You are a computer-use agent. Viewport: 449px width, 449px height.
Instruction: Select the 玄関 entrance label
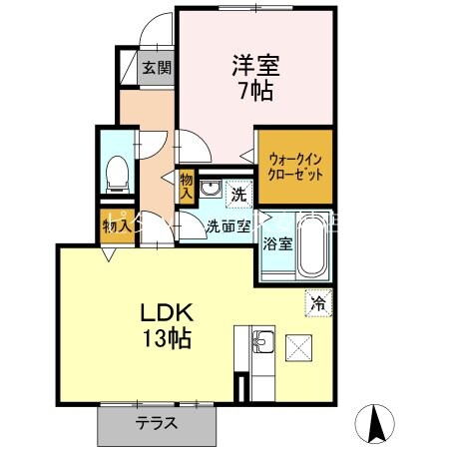(156, 69)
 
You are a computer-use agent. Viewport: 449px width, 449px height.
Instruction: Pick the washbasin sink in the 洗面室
(211, 189)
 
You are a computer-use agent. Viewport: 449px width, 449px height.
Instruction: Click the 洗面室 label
(227, 225)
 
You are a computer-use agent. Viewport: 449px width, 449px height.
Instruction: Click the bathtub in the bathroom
(314, 245)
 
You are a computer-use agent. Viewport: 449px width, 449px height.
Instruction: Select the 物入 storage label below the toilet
(117, 225)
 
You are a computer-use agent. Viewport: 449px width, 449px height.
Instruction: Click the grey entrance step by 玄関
(130, 69)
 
